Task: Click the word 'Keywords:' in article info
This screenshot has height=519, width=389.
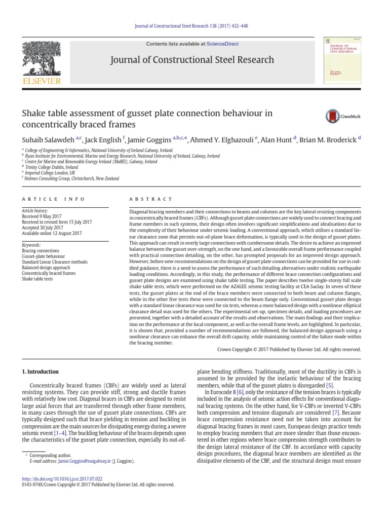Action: (x=32, y=245)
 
